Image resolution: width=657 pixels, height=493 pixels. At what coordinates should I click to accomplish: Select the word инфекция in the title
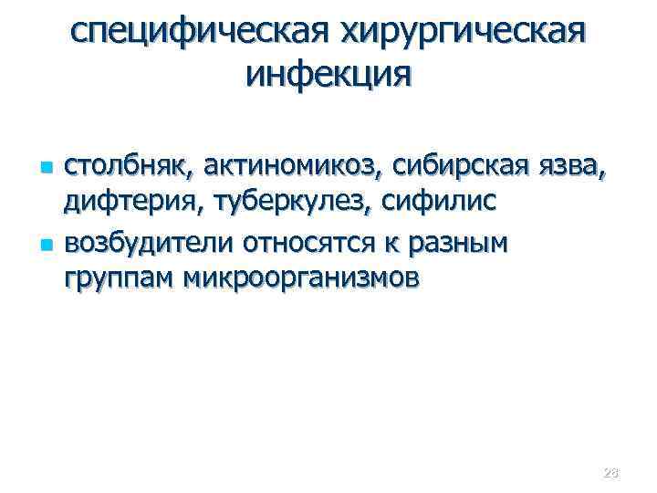(328, 74)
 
